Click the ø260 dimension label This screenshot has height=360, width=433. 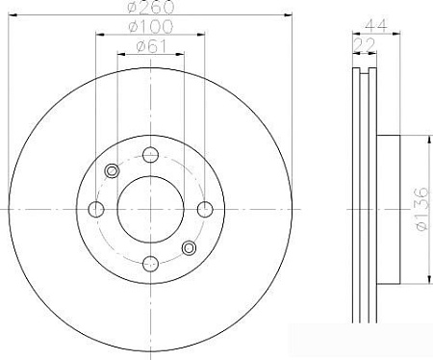[x=151, y=7]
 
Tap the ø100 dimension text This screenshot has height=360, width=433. [x=150, y=27]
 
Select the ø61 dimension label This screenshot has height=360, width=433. [x=151, y=47]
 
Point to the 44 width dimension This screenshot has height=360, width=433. [x=376, y=25]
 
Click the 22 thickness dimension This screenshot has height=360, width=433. [x=365, y=44]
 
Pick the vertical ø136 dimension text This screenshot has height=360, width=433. [x=421, y=209]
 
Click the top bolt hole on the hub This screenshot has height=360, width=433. [x=150, y=155]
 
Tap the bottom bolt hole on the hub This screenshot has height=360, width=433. [x=150, y=264]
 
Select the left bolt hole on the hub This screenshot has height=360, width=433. [x=96, y=210]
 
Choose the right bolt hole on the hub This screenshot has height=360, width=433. [x=205, y=210]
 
